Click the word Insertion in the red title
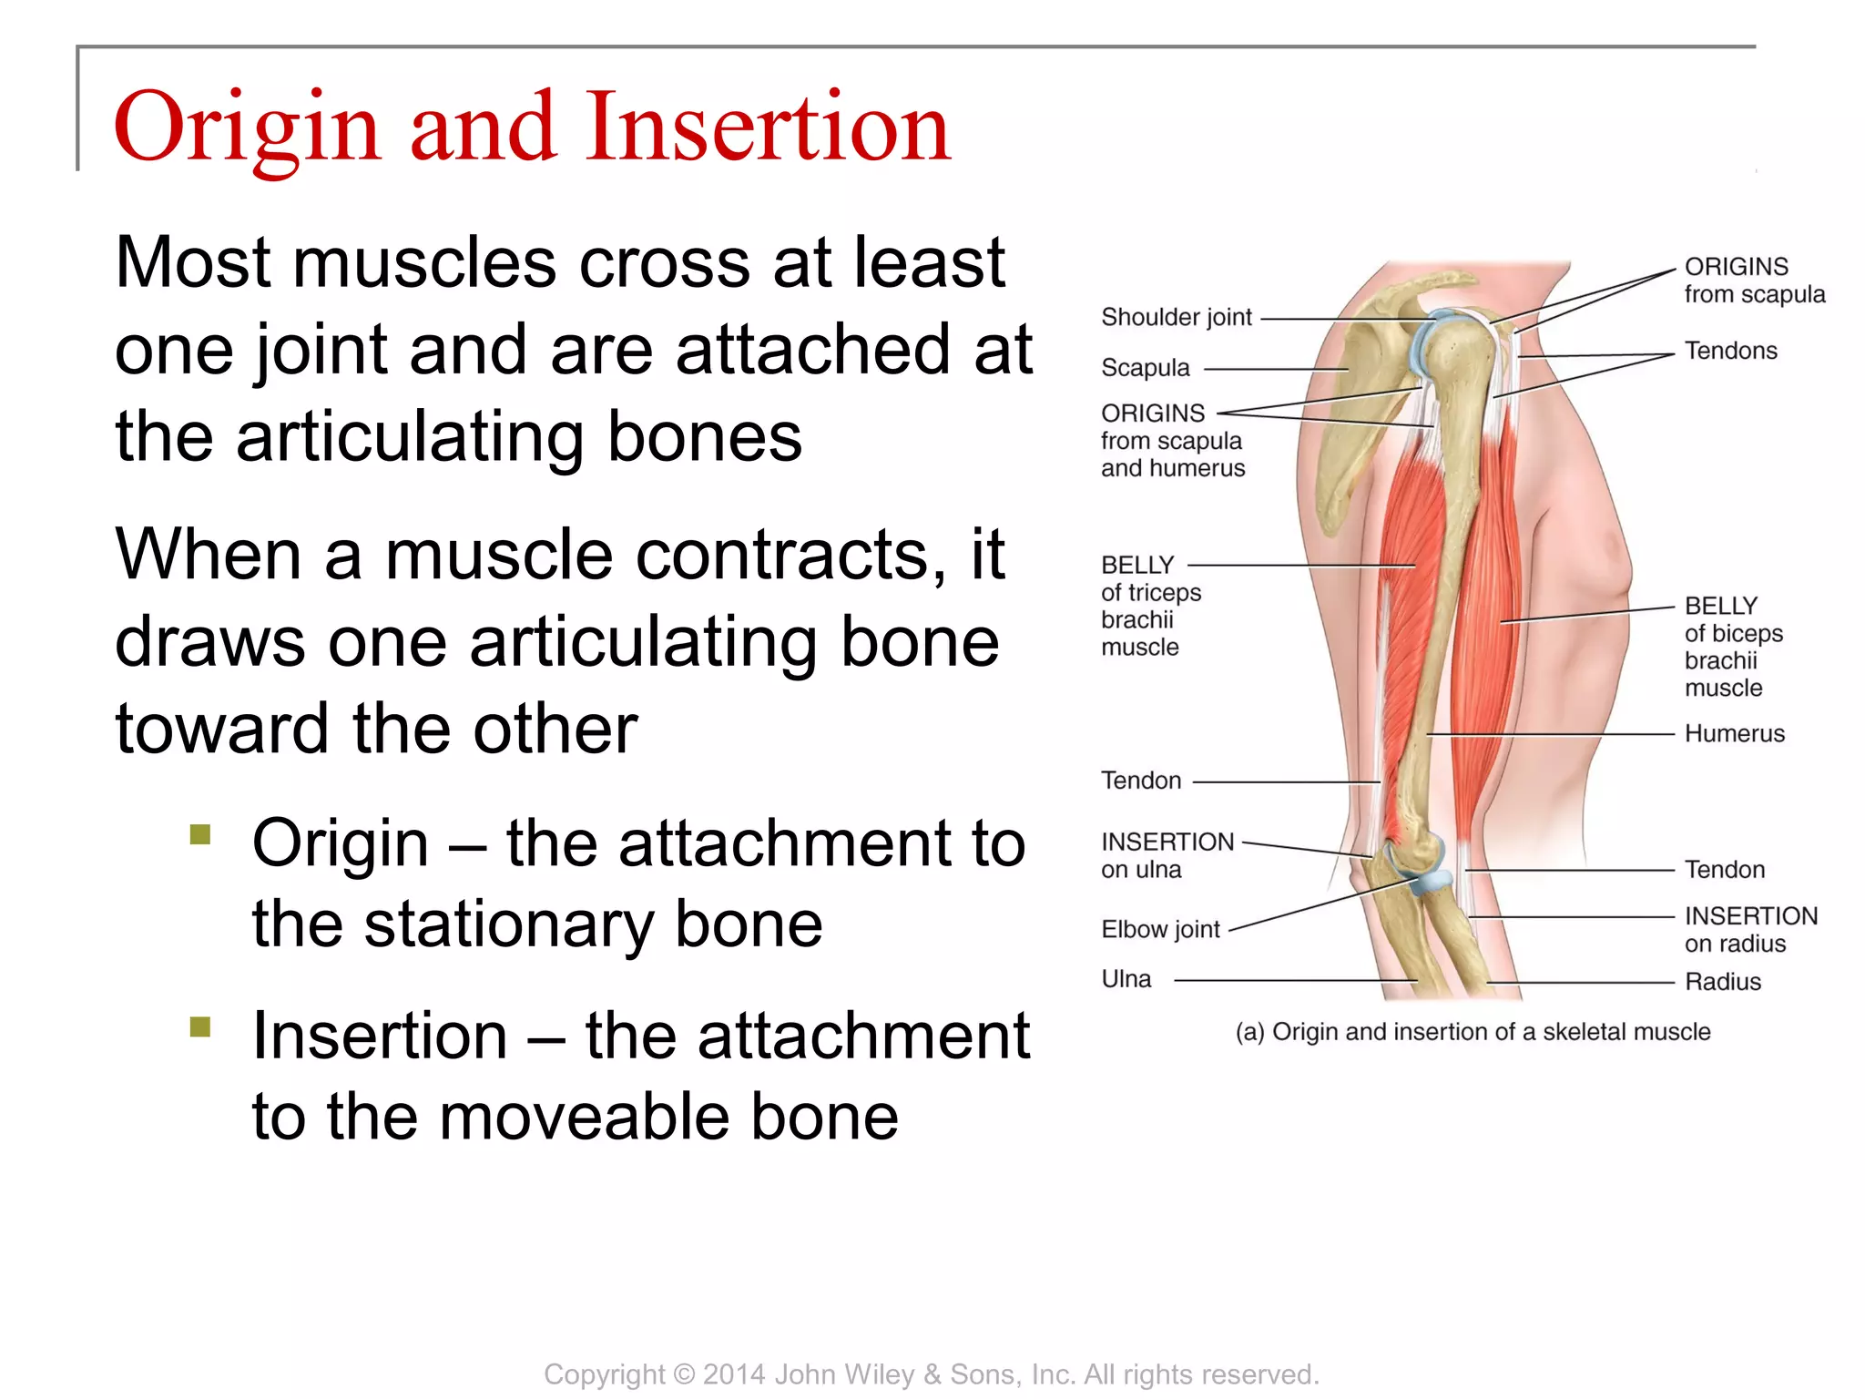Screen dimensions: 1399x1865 (x=768, y=128)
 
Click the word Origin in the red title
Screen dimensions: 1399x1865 (x=246, y=128)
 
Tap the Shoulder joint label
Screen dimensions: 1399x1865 (x=1176, y=317)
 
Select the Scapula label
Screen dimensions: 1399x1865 (x=1145, y=368)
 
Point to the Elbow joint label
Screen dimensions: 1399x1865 (x=1160, y=930)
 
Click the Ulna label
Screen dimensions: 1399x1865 (x=1126, y=979)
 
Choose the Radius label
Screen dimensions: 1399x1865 (x=1722, y=982)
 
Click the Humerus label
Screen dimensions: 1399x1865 (x=1734, y=733)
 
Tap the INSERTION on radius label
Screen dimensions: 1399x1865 (x=1749, y=929)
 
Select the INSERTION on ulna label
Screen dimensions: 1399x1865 (x=1167, y=855)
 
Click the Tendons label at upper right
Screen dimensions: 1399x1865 (x=1730, y=351)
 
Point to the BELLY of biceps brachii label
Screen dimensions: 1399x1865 (x=1732, y=647)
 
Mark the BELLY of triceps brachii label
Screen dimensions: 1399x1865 (x=1150, y=606)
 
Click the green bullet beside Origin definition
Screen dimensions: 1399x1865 (x=200, y=834)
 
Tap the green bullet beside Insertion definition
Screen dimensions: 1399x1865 (x=200, y=1027)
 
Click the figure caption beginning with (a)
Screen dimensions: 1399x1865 (x=1473, y=1032)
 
